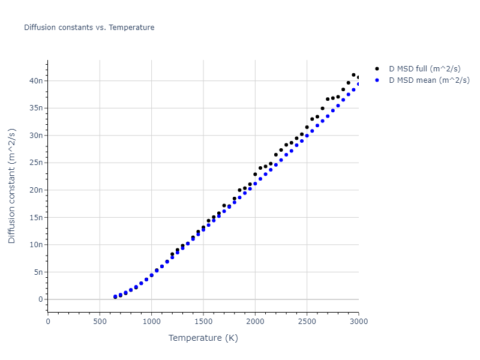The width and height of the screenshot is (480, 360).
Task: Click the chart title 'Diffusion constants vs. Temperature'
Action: tap(89, 28)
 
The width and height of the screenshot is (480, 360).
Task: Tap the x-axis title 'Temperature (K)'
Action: tap(203, 338)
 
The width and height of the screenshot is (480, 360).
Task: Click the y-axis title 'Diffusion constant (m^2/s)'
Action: tap(12, 185)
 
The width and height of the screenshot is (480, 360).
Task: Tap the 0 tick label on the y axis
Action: tap(41, 299)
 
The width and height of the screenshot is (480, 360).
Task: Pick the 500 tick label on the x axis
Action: tap(100, 322)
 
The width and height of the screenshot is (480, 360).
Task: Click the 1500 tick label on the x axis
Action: tap(203, 322)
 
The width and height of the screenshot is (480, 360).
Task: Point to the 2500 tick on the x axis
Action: tap(307, 322)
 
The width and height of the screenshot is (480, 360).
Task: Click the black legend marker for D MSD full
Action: tap(377, 69)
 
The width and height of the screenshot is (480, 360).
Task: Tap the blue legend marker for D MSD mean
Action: tap(377, 80)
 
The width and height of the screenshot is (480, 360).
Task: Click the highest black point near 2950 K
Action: tap(353, 75)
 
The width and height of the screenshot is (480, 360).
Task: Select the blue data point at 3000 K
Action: tap(359, 84)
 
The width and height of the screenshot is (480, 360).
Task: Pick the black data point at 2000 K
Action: tap(255, 175)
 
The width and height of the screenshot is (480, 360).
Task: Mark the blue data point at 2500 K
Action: tap(307, 136)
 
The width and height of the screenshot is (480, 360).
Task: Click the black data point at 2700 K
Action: tap(328, 99)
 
